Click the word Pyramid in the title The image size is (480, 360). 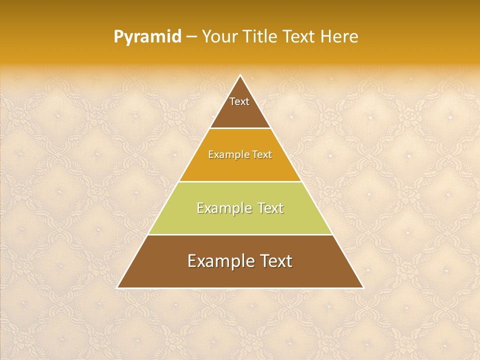(x=147, y=37)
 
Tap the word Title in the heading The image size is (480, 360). (x=262, y=37)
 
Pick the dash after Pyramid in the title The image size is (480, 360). (x=191, y=37)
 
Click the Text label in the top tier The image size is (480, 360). (x=239, y=101)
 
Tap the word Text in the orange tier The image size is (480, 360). (x=262, y=155)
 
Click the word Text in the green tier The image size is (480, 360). (x=270, y=208)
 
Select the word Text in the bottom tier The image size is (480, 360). (x=275, y=261)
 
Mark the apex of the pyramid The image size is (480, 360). (x=240, y=75)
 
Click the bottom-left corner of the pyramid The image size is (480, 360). (x=117, y=288)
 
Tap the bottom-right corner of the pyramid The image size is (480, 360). (x=363, y=288)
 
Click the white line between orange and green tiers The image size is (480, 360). (x=240, y=181)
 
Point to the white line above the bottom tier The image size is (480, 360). (x=240, y=234)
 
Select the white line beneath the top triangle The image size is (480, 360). (x=240, y=128)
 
